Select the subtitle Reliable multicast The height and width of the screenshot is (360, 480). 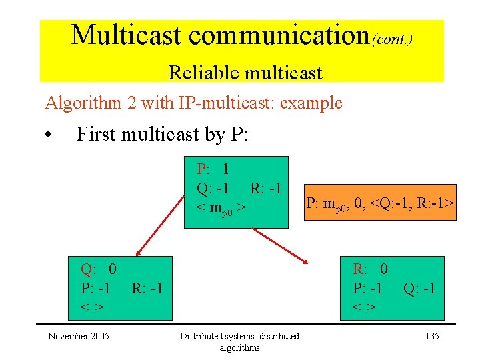(245, 72)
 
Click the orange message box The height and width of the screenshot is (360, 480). (380, 203)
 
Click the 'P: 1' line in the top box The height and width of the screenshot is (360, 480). (213, 169)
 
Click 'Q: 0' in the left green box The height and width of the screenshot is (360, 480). (99, 269)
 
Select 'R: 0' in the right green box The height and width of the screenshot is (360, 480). (370, 269)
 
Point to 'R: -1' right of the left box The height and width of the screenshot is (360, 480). (147, 289)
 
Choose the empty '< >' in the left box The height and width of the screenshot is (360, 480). (91, 307)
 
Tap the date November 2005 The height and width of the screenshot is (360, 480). (78, 336)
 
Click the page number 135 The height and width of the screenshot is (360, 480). (431, 336)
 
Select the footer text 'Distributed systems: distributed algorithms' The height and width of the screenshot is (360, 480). (240, 341)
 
